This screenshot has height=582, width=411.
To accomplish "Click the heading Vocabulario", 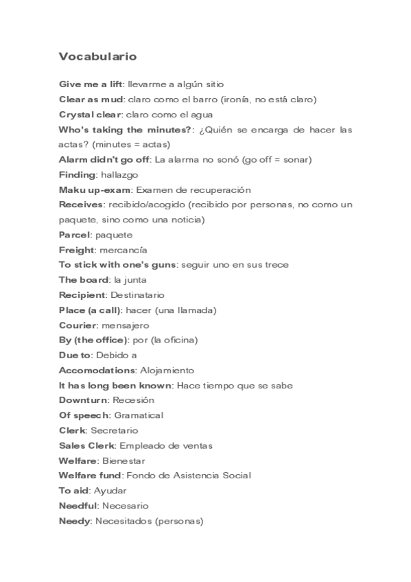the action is [97, 57].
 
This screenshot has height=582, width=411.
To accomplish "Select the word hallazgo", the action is [119, 175].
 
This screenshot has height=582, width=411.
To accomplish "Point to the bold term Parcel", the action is [75, 235].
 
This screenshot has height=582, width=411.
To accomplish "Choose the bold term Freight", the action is [77, 250].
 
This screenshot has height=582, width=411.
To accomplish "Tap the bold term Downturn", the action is [83, 400].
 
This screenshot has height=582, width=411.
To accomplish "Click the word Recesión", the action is [133, 400].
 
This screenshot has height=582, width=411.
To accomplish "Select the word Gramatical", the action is [139, 415].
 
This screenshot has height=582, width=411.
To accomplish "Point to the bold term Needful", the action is [78, 506].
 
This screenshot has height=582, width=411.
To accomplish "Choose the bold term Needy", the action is [75, 521].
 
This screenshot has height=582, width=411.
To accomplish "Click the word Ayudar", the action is [110, 491].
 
